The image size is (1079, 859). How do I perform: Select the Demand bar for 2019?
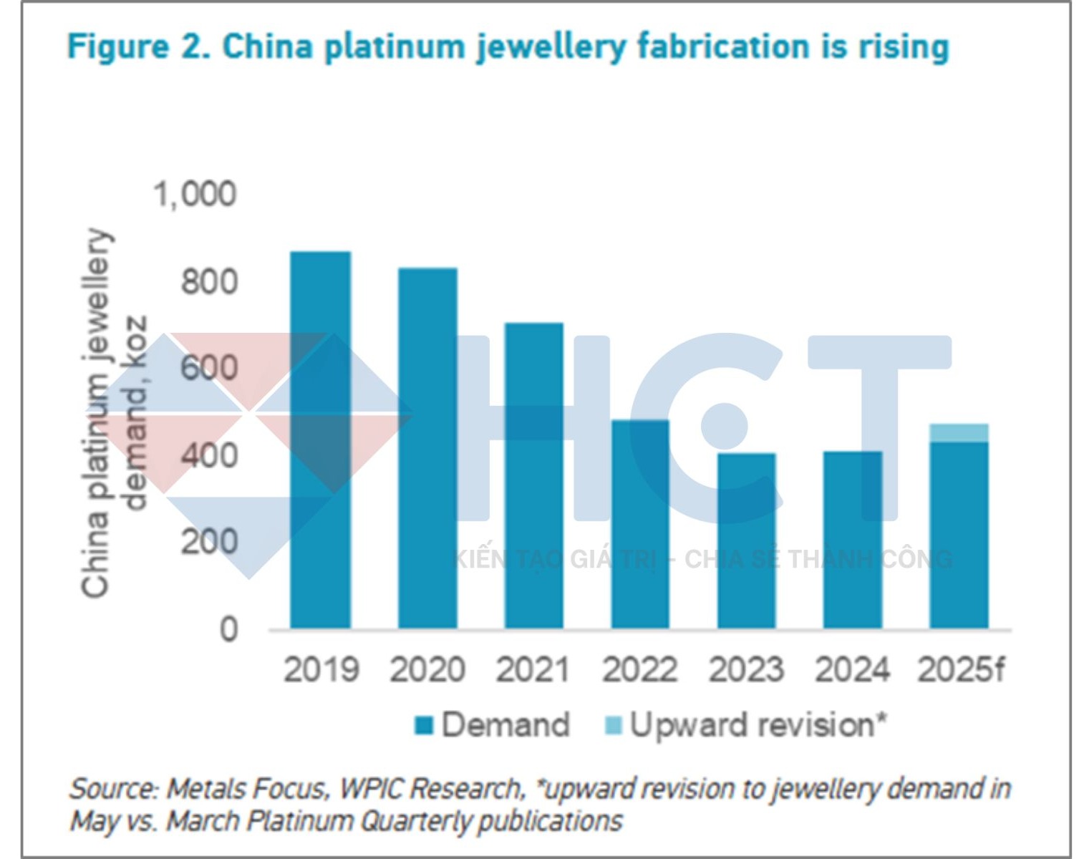[320, 440]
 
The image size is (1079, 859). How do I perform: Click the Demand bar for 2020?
[427, 449]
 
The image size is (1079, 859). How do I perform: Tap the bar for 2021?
[533, 476]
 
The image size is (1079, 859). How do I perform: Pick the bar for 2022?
[640, 524]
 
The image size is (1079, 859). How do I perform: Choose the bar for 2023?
[746, 541]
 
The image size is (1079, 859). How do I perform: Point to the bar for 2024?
[852, 540]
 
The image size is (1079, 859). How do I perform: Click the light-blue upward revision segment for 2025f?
[959, 433]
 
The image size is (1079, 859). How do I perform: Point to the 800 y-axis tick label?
[208, 281]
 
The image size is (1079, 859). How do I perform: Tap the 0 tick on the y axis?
[228, 629]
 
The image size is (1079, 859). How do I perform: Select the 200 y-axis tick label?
[208, 542]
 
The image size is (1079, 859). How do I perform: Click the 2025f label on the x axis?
[961, 670]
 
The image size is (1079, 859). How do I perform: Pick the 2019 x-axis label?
[321, 670]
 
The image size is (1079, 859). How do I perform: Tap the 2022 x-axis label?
[639, 670]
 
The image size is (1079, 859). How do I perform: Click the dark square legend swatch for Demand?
[425, 726]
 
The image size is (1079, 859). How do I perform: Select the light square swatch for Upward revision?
[614, 726]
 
